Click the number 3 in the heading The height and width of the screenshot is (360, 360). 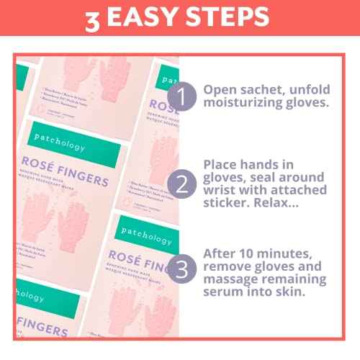point(93,19)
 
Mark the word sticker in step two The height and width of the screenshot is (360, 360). point(227,204)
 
